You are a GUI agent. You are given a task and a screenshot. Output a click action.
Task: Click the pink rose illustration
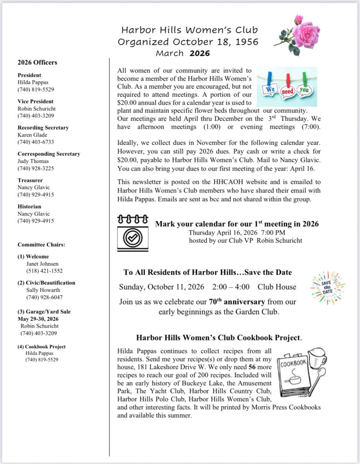pos(300,34)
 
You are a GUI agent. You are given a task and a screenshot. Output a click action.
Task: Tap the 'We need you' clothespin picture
pos(287,87)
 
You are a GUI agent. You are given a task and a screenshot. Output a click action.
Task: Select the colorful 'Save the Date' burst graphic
pos(327,287)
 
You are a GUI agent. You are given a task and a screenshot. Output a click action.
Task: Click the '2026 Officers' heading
pos(37,63)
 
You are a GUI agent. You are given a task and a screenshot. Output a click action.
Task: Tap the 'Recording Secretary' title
pos(43,128)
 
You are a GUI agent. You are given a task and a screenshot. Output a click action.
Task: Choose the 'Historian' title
pos(29,206)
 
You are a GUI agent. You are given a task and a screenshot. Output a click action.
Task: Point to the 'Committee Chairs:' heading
pos(41,245)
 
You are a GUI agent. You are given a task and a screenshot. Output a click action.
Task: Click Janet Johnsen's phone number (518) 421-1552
pos(45,271)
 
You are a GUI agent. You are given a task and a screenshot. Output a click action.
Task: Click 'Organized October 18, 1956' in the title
pos(188,42)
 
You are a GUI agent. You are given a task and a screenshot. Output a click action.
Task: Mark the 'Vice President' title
pos(35,101)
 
